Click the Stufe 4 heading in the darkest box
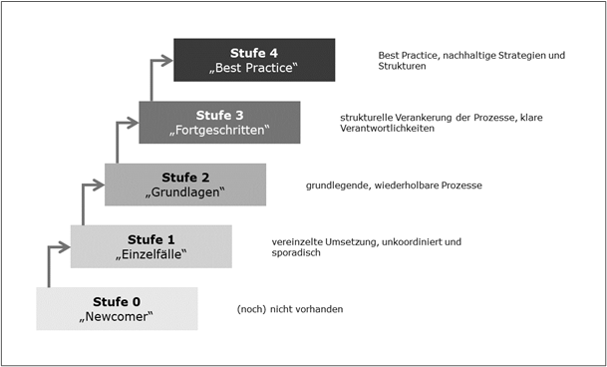click(x=253, y=52)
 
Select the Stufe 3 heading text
click(x=219, y=114)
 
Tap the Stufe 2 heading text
click(x=184, y=176)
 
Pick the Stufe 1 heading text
click(x=151, y=238)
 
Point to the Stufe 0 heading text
click(x=117, y=300)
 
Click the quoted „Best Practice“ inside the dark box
click(x=253, y=67)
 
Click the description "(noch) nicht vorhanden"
click(x=290, y=309)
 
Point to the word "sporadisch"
click(x=295, y=253)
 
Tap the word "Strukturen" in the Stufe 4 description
click(x=402, y=67)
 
